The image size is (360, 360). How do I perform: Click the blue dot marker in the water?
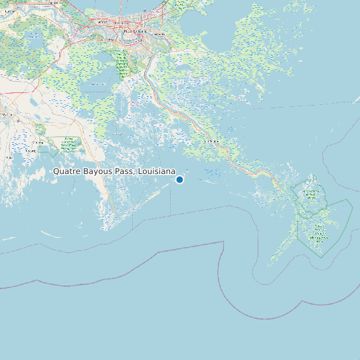tap(179, 179)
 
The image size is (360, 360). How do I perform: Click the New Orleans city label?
tap(134, 31)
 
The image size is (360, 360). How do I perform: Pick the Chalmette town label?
tap(158, 33)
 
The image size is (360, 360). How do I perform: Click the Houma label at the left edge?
tap(7, 114)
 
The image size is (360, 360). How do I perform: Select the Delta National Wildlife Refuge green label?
tap(311, 194)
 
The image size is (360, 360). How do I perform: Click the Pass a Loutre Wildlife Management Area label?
tap(319, 232)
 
